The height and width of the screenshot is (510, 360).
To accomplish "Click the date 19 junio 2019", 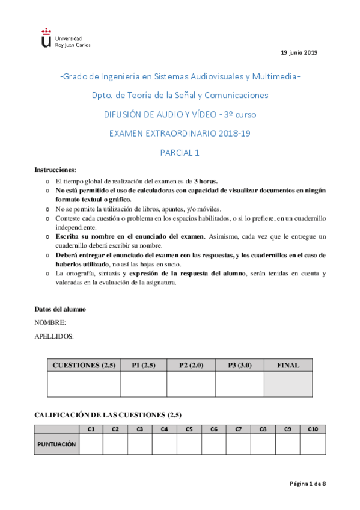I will [x=299, y=52].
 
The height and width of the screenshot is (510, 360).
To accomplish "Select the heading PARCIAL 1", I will [x=180, y=152].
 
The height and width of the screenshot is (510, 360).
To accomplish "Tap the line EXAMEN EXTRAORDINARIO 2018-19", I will [x=180, y=134].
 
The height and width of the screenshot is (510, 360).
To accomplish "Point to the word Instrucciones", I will [x=55, y=170].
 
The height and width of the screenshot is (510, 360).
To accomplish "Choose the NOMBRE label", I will [x=50, y=323].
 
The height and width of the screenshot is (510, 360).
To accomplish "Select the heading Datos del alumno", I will [x=60, y=309].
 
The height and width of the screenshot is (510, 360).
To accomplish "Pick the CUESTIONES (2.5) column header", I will [x=84, y=365].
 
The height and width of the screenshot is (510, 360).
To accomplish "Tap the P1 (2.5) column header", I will [x=144, y=365].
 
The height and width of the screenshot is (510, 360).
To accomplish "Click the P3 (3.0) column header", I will [x=239, y=365].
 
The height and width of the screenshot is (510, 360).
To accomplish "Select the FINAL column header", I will [x=288, y=365].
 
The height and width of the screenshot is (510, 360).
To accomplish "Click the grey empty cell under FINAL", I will [x=288, y=384].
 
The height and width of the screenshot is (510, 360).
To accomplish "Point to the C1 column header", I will [x=91, y=429].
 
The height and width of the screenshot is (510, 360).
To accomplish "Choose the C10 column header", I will [x=313, y=429].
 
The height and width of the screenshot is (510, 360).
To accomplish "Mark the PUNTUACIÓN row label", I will [x=57, y=444].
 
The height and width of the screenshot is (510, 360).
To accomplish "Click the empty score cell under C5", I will [x=189, y=444].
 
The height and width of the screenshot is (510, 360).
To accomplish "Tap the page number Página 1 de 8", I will [x=308, y=484].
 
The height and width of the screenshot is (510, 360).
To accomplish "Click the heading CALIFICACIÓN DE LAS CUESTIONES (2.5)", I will [x=108, y=415].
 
